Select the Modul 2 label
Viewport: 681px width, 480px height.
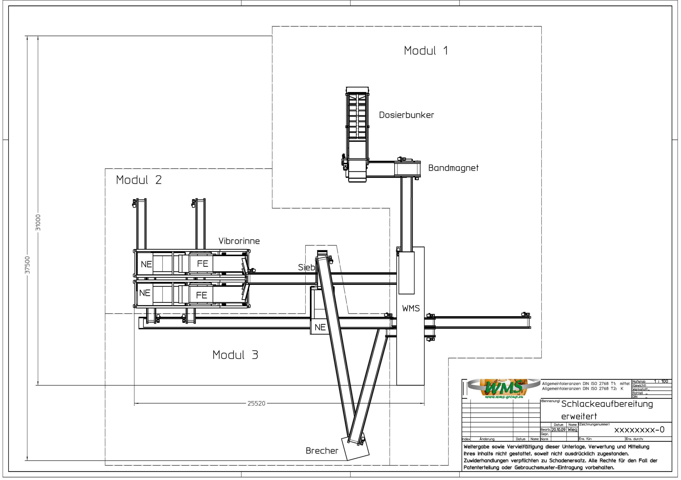139,180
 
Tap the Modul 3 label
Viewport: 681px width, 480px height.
235,355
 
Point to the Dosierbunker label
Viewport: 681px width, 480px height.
406,115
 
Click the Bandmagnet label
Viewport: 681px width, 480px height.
453,168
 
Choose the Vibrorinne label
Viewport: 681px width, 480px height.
239,241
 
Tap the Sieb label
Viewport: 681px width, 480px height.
306,268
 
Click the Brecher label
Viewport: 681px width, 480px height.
322,451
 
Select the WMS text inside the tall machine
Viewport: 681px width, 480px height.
411,308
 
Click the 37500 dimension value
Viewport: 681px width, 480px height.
27,265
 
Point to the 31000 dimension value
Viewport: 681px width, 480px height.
38,223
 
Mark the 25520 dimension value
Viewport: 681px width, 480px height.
256,403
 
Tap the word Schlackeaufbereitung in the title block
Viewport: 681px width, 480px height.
607,404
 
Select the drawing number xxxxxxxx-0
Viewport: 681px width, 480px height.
639,430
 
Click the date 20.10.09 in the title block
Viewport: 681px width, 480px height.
559,429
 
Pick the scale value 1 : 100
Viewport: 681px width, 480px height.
661,381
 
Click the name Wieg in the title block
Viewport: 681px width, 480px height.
572,429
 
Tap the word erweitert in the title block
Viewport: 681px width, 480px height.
579,416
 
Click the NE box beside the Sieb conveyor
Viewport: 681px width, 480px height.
320,327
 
